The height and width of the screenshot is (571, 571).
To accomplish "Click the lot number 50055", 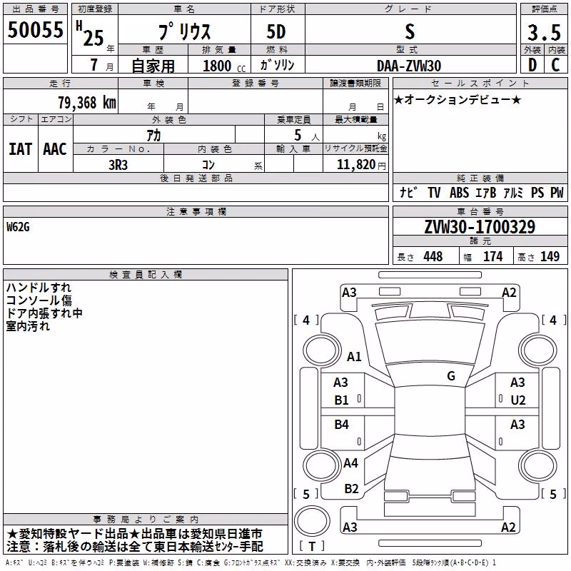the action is click(x=35, y=30).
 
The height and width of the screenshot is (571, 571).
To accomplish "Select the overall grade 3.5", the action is click(x=544, y=32).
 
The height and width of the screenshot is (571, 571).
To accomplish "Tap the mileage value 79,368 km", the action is click(x=87, y=103).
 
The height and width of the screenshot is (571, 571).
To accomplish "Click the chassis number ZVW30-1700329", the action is click(x=480, y=227).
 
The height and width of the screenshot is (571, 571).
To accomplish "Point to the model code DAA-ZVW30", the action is click(x=409, y=66).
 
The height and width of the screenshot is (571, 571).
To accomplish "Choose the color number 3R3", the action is click(x=118, y=165).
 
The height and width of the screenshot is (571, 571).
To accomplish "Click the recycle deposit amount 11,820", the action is click(x=355, y=165).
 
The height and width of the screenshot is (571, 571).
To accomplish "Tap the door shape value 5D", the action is click(x=276, y=32).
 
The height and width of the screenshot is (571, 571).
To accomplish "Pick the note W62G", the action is click(x=18, y=227).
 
